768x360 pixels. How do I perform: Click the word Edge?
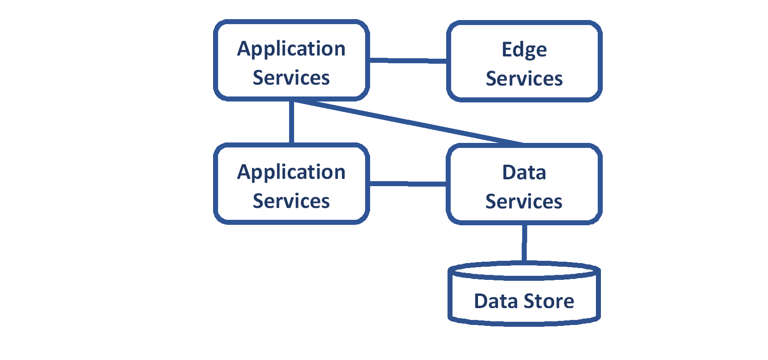524,50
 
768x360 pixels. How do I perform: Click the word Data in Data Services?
524,172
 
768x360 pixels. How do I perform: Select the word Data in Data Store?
496,301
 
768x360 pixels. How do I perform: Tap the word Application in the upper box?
291,49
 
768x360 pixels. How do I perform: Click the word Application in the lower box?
291,172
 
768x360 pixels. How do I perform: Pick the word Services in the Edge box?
524,79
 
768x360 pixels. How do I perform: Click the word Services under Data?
524,202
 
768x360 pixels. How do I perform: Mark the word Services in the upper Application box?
291,78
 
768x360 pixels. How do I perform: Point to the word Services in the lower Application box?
291,201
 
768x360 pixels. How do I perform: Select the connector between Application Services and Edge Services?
407,60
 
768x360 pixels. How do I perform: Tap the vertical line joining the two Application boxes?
291,122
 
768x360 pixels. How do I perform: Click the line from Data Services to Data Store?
524,243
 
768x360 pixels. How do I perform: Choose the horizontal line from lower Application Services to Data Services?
407,184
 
